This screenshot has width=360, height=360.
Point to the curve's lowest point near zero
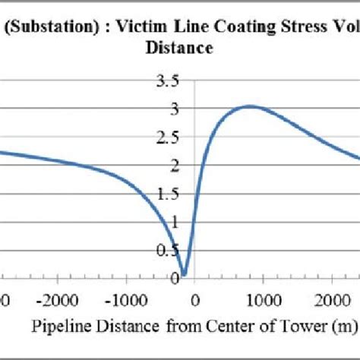click(x=184, y=274)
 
